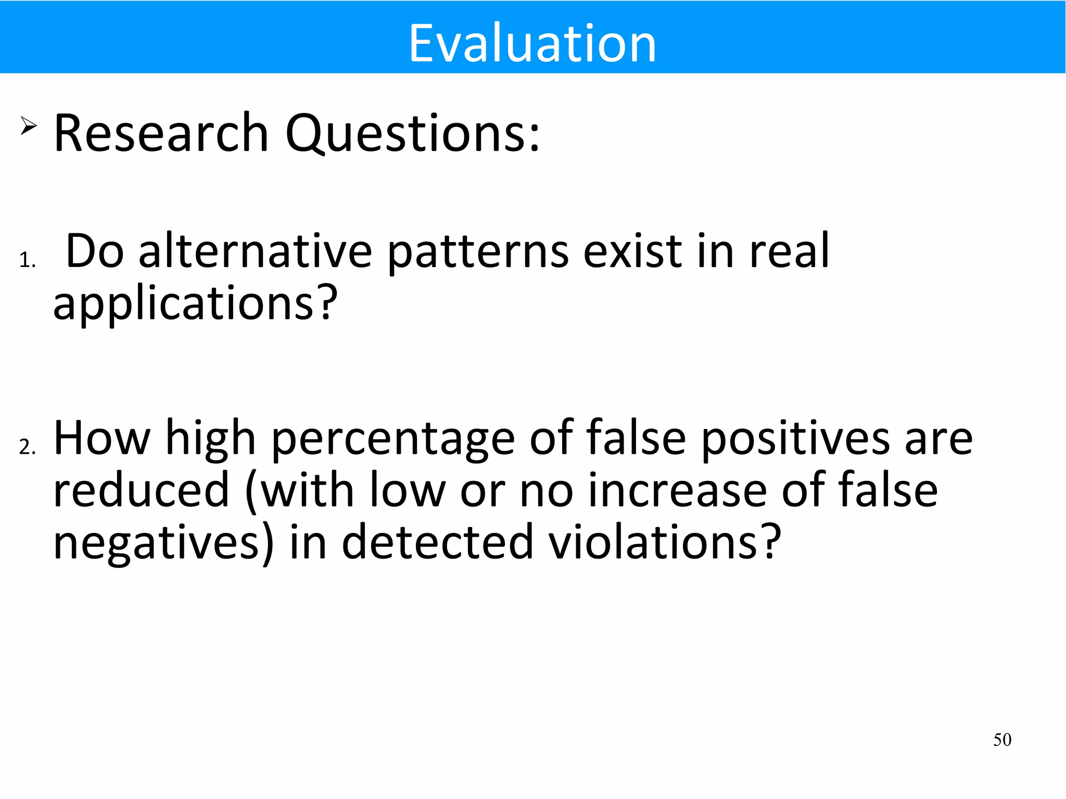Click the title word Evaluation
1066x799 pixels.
click(x=532, y=44)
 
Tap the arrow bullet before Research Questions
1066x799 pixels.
click(x=29, y=125)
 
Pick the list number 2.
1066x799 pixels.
click(x=27, y=447)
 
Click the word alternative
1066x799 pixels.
click(x=255, y=251)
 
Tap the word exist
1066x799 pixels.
click(x=632, y=251)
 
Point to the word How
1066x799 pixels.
click(x=102, y=438)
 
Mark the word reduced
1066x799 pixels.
click(x=141, y=490)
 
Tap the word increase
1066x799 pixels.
click(x=677, y=490)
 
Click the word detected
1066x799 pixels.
click(x=437, y=542)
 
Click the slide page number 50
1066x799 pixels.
click(x=1002, y=740)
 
